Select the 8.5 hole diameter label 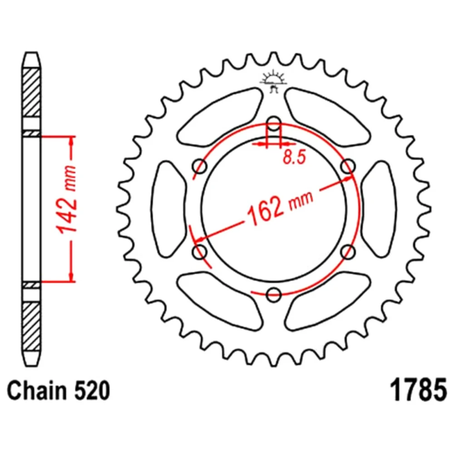(x=295, y=158)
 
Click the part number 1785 (x=419, y=390)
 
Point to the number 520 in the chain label (x=92, y=391)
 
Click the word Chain (x=37, y=391)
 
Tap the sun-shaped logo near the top (x=273, y=81)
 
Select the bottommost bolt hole (x=274, y=295)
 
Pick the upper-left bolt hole (x=199, y=166)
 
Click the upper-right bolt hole (x=348, y=166)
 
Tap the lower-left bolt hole (x=199, y=252)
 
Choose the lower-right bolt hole (x=348, y=252)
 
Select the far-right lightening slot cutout (x=379, y=209)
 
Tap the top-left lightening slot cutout (x=221, y=117)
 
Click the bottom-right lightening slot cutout (x=327, y=301)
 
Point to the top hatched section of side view (x=31, y=93)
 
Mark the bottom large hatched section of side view (x=31, y=326)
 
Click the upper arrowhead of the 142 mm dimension (x=71, y=142)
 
